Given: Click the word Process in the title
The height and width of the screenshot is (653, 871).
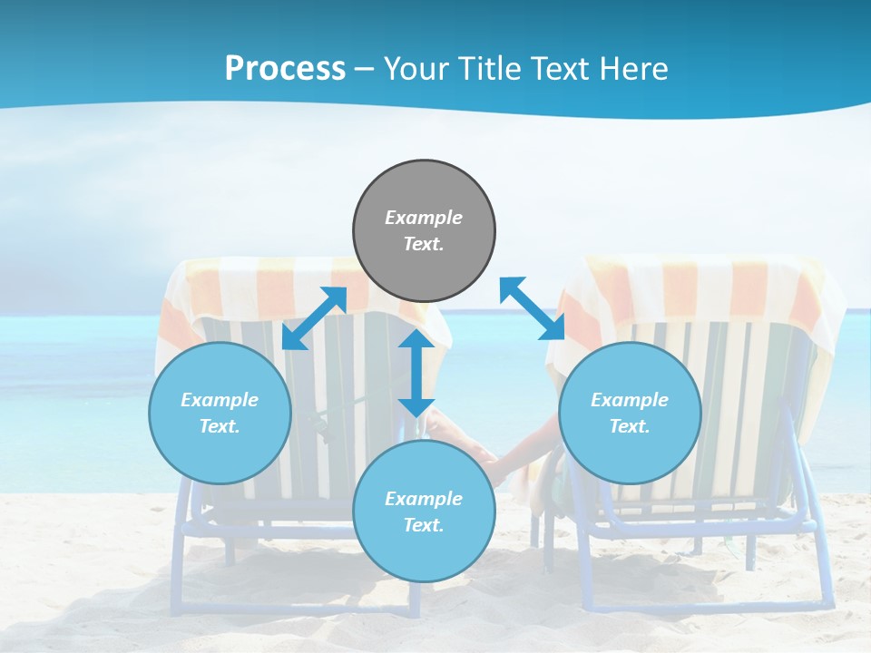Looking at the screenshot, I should tap(285, 69).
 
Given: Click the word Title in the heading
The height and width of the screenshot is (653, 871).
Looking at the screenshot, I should tap(486, 69).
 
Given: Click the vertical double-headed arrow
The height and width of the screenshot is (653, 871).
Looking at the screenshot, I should tap(416, 374).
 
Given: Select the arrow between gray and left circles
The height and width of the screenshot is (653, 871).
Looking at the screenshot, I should tap(315, 318).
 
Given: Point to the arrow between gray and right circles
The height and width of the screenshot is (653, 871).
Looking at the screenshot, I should tap(532, 308).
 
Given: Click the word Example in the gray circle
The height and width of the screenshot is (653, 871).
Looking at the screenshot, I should tap(424, 218).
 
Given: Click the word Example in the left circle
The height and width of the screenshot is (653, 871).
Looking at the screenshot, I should tap(220, 400).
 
